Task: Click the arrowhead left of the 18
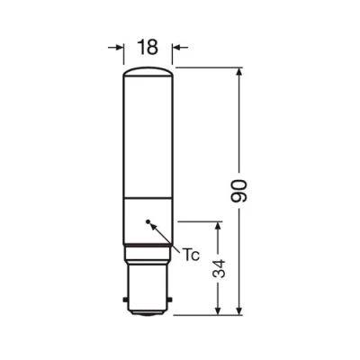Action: (118, 47)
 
